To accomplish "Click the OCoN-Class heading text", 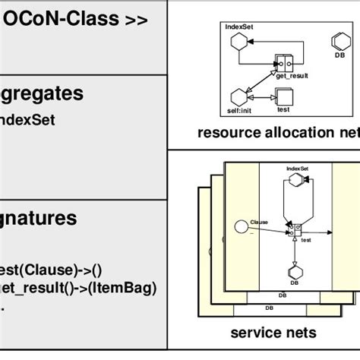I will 76,19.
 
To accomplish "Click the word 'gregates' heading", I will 52,94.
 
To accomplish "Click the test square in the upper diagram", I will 283,97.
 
